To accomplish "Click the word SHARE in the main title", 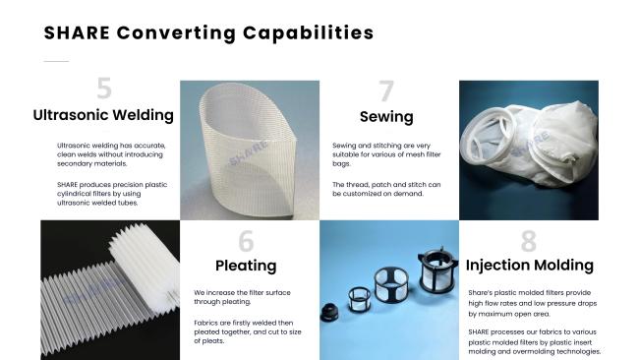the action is coord(77,33).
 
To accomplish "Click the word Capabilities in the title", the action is coord(308,33).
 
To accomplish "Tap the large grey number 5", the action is coord(104,89).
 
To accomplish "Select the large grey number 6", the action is coord(246,241).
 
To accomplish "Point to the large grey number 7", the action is coord(386,90).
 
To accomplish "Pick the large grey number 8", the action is coord(529,241).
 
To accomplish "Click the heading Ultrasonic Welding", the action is coord(103,115).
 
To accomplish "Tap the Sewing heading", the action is coord(386,117).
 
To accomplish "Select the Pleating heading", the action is coord(246,266).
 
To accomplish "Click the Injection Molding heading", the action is coord(529,266).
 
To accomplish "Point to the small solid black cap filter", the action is coord(329,313).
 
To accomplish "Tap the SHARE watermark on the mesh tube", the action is coord(249,154).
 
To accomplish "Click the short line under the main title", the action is coord(56,62).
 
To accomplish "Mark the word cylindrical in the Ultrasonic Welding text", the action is coord(74,194).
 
